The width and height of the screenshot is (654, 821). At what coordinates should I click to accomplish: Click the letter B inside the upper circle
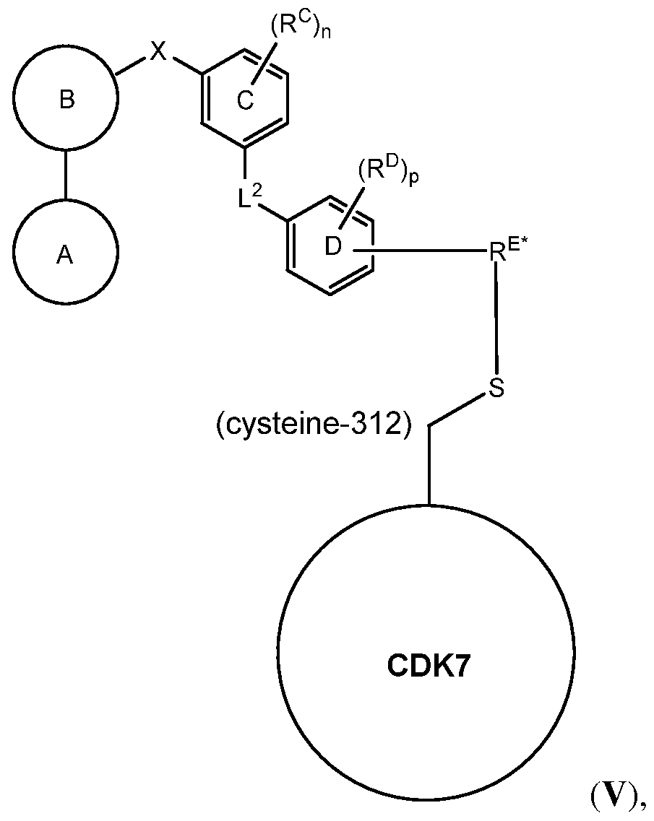tap(66, 100)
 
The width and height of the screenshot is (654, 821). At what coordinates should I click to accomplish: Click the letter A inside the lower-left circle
tap(66, 256)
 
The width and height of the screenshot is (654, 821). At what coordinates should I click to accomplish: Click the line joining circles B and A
tap(66, 175)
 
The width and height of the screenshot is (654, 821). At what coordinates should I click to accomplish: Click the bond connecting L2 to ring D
tap(272, 214)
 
